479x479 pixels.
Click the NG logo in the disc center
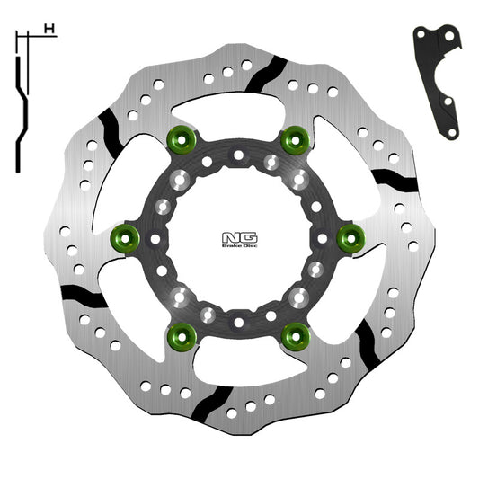(x=238, y=237)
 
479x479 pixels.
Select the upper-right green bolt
(x=292, y=140)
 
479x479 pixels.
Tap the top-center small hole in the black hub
(x=238, y=155)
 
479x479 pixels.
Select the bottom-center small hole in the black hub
(x=238, y=321)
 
